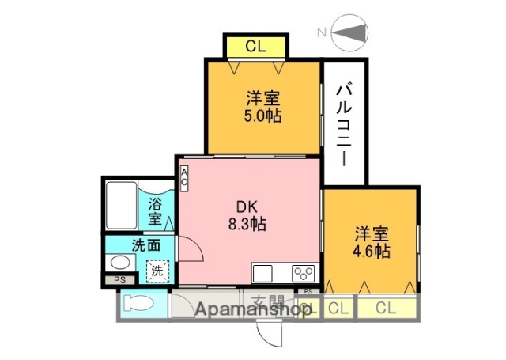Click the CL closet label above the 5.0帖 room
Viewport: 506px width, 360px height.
[255, 46]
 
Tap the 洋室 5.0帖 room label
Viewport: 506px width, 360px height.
[262, 107]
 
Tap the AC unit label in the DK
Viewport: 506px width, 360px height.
[183, 179]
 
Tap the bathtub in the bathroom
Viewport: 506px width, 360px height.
[121, 206]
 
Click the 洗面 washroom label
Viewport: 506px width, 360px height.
[145, 244]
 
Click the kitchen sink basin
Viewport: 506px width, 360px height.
[263, 274]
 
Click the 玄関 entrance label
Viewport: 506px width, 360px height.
[268, 301]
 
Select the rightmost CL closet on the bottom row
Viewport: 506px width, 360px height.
[385, 307]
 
